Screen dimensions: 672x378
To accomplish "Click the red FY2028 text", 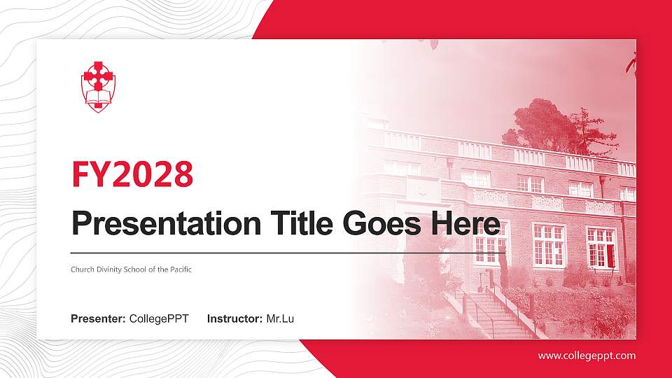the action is click(132, 174).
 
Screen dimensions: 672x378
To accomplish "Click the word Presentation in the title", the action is click(167, 224).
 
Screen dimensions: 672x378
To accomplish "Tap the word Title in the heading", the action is click(302, 224).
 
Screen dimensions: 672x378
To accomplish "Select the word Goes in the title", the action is click(382, 224).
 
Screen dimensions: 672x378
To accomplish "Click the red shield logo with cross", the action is click(98, 87).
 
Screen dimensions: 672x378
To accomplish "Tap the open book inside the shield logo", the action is click(98, 101).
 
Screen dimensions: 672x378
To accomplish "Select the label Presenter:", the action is click(98, 319).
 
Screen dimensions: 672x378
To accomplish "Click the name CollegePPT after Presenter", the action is click(159, 319).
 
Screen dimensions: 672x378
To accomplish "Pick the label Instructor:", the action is click(235, 319).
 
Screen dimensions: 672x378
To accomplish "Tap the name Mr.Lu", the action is click(280, 319).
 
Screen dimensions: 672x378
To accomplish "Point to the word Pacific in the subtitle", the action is click(181, 269).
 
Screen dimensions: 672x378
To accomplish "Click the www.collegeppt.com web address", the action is click(587, 356).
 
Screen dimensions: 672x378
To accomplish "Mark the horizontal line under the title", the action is click(288, 253).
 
